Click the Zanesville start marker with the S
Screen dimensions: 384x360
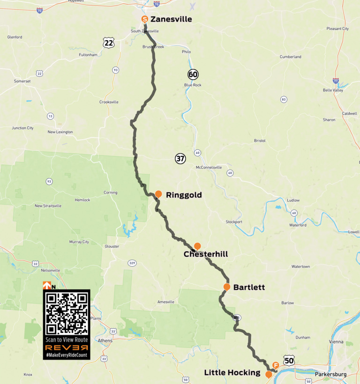coord(145,19)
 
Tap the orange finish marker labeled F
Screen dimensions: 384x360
coord(276,365)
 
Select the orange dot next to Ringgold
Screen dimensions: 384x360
coord(158,194)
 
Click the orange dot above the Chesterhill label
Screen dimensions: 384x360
coord(197,246)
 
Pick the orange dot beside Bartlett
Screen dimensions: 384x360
coord(226,286)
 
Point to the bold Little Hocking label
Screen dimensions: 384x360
coord(232,373)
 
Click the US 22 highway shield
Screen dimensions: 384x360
coord(109,43)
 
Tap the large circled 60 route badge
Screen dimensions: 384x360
coord(193,74)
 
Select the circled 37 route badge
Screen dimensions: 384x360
coord(180,158)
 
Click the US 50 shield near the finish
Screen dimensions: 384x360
coord(289,360)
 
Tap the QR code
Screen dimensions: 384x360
coord(66,312)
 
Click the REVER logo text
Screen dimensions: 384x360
coord(67,348)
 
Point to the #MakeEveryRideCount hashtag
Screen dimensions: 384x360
coord(67,356)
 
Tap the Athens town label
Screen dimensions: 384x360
coord(105,340)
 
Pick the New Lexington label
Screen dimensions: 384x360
coord(60,132)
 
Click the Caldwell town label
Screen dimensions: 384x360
coord(349,113)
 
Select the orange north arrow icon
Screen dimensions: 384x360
coord(46,285)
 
